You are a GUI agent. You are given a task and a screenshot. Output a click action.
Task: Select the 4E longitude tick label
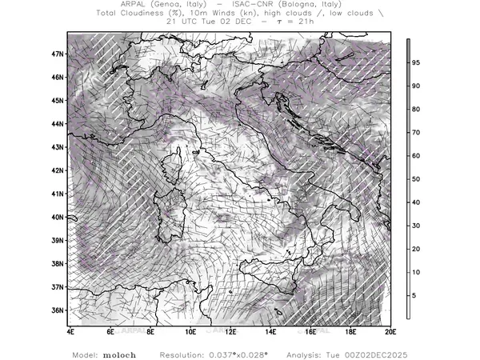pyautogui.click(x=70, y=331)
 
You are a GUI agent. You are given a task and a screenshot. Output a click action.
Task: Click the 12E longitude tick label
pyautogui.click(x=230, y=331)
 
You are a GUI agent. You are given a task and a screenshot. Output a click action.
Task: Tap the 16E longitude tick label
pyautogui.click(x=310, y=331)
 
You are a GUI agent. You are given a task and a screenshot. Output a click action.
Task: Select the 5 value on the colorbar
pyautogui.click(x=414, y=296)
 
